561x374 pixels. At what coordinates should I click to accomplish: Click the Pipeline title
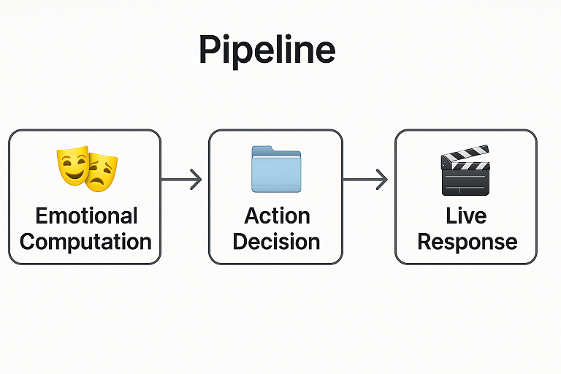pyautogui.click(x=267, y=50)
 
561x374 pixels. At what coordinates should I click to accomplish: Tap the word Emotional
pyautogui.click(x=87, y=215)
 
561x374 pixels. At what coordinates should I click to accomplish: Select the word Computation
pyautogui.click(x=85, y=242)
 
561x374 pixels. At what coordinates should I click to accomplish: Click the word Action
pyautogui.click(x=277, y=215)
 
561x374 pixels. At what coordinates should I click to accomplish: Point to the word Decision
pyautogui.click(x=276, y=242)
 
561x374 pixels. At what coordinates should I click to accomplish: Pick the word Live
pyautogui.click(x=466, y=215)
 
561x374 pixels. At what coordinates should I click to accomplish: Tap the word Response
pyautogui.click(x=467, y=243)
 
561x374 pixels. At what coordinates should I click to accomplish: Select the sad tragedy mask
pyautogui.click(x=102, y=173)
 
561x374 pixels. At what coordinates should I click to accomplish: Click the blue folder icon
pyautogui.click(x=276, y=169)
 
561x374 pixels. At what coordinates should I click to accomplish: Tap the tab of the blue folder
pyautogui.click(x=262, y=148)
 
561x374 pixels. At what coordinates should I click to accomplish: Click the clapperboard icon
pyautogui.click(x=465, y=170)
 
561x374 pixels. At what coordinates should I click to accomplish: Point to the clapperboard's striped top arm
pyautogui.click(x=465, y=153)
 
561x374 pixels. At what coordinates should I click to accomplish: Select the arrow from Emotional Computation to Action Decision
pyautogui.click(x=181, y=179)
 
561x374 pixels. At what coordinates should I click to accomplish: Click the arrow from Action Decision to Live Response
pyautogui.click(x=365, y=179)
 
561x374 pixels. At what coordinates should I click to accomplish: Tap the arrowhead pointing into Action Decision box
pyautogui.click(x=196, y=179)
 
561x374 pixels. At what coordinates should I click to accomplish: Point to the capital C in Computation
pyautogui.click(x=28, y=242)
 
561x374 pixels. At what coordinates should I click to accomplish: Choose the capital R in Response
pyautogui.click(x=425, y=242)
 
